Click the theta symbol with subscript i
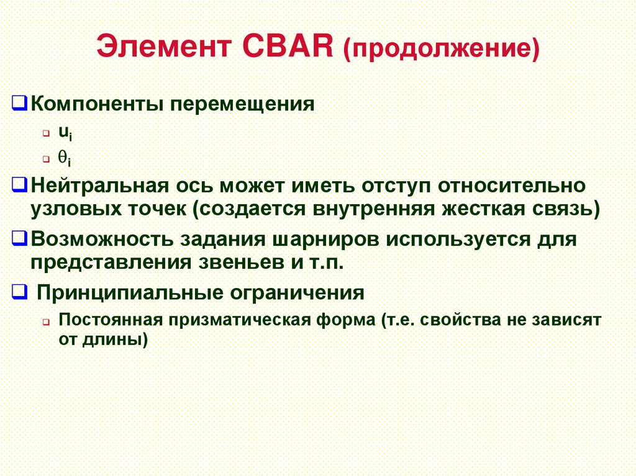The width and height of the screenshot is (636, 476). click(65, 159)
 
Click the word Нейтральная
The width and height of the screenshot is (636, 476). click(100, 186)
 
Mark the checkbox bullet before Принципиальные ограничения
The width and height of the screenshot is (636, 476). click(19, 292)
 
